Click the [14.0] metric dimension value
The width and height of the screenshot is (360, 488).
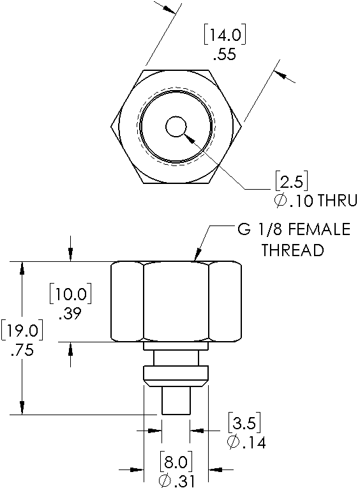click(x=224, y=34)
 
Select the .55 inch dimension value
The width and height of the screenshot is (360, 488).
click(x=224, y=54)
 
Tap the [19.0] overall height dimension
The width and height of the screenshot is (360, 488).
click(x=21, y=332)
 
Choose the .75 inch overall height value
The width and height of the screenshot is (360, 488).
click(x=21, y=351)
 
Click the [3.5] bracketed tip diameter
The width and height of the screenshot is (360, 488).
click(x=244, y=423)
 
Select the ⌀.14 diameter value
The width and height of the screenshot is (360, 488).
click(x=246, y=442)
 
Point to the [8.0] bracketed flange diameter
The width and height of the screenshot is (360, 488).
click(x=176, y=461)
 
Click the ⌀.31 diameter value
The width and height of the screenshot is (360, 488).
click(x=176, y=480)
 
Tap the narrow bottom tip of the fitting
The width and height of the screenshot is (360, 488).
click(x=176, y=401)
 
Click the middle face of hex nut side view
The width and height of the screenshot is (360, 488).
click(x=176, y=301)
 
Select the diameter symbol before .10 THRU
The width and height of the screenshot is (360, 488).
click(x=281, y=201)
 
